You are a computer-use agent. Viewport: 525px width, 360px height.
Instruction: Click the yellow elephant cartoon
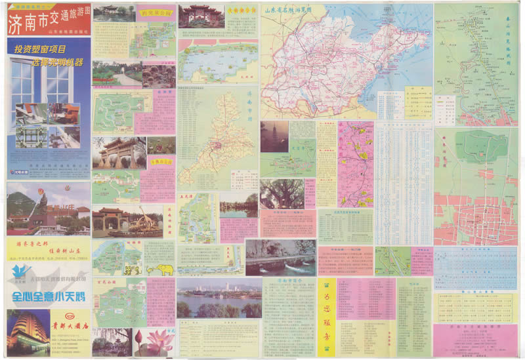[165, 269]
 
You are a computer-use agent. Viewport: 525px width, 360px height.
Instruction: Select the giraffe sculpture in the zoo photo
[143, 219]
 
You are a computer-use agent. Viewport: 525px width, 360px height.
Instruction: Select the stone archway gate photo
[118, 152]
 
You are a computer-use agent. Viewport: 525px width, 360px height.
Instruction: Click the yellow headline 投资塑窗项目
[41, 49]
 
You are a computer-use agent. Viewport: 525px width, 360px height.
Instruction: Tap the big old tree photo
[282, 193]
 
